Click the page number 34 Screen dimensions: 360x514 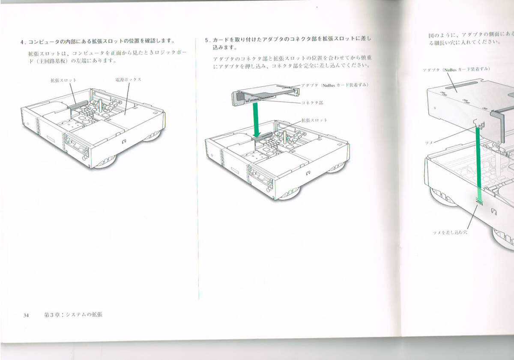pos(26,315)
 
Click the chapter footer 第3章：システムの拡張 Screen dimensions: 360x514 pos(73,315)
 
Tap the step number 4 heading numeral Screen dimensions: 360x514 pos(22,42)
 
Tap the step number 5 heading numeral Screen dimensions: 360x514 pos(206,39)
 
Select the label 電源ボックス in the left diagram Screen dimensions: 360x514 pos(128,80)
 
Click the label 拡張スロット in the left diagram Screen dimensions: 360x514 pos(63,80)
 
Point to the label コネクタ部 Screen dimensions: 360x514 pos(312,103)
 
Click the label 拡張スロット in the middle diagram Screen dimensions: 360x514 pos(314,120)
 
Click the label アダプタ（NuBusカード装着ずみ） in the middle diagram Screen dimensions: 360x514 pos(334,85)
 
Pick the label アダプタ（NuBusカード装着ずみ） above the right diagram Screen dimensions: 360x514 pos(456,69)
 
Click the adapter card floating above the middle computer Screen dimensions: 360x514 pos(266,94)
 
